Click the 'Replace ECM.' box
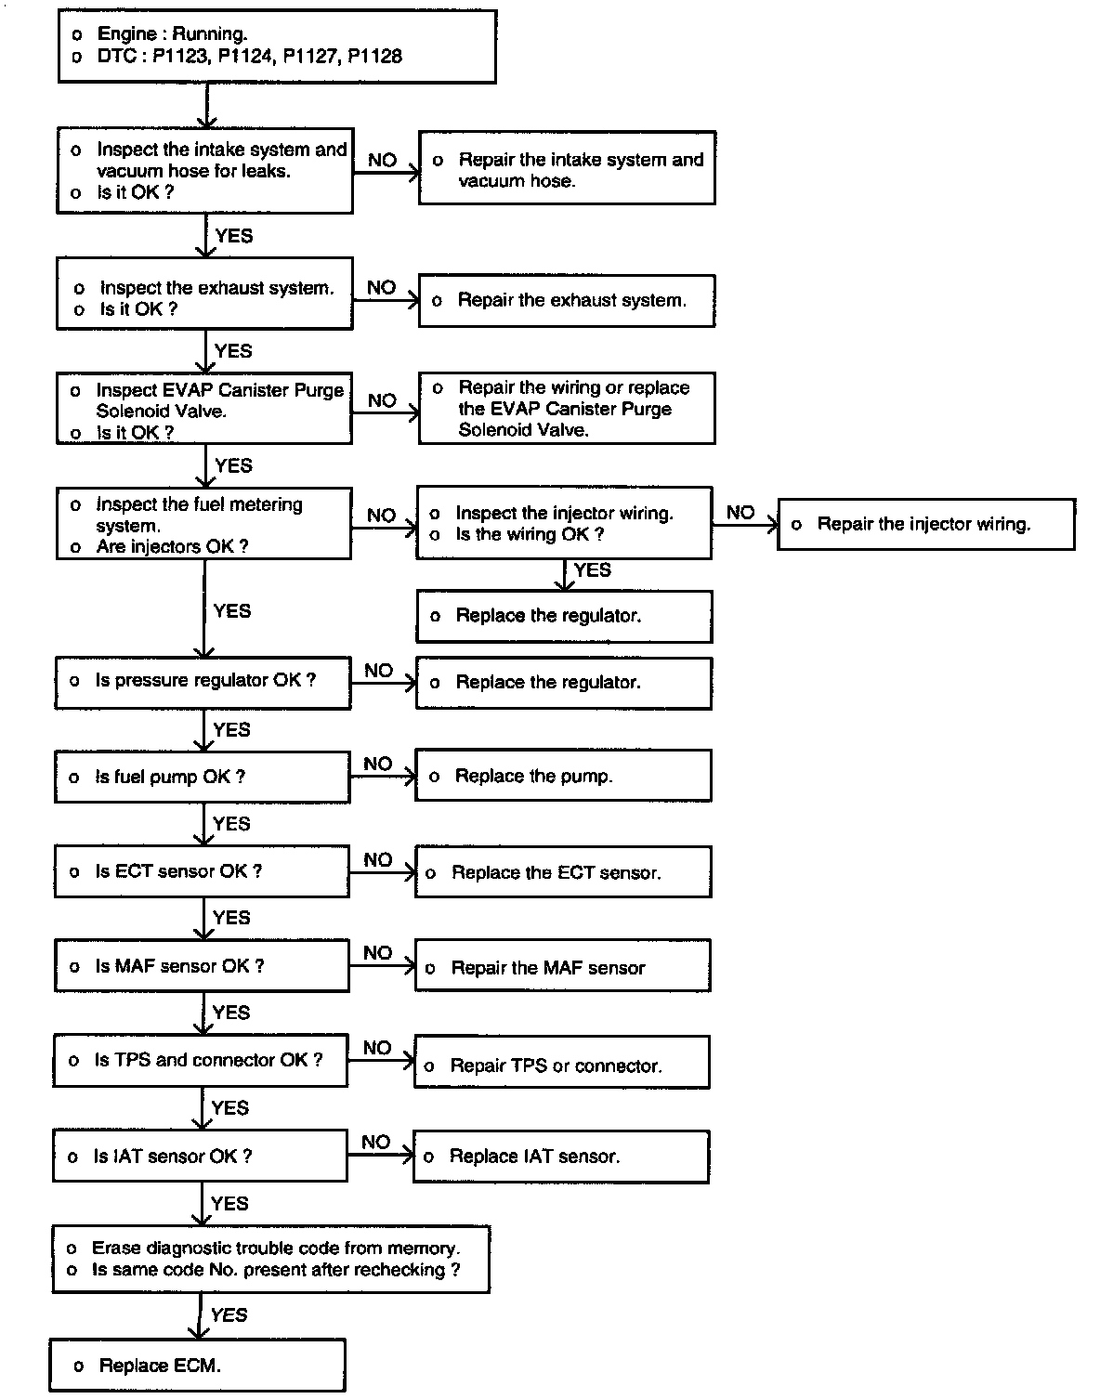[197, 1365]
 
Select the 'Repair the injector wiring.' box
[925, 524]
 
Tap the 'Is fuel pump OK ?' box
[202, 777]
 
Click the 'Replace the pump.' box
[563, 776]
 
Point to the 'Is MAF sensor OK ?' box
[202, 966]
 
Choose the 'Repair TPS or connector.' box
[561, 1065]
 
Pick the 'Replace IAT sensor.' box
[561, 1157]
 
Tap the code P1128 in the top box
[374, 57]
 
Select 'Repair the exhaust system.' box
[567, 300]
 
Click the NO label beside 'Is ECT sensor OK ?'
[377, 860]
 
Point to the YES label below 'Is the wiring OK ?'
[593, 569]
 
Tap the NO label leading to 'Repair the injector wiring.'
[740, 512]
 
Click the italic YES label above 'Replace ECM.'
[229, 1314]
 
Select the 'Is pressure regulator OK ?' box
[203, 681]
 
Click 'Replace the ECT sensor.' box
[563, 872]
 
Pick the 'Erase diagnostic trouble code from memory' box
[271, 1259]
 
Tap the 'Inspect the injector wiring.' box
[564, 523]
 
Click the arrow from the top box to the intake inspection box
[206, 105]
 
